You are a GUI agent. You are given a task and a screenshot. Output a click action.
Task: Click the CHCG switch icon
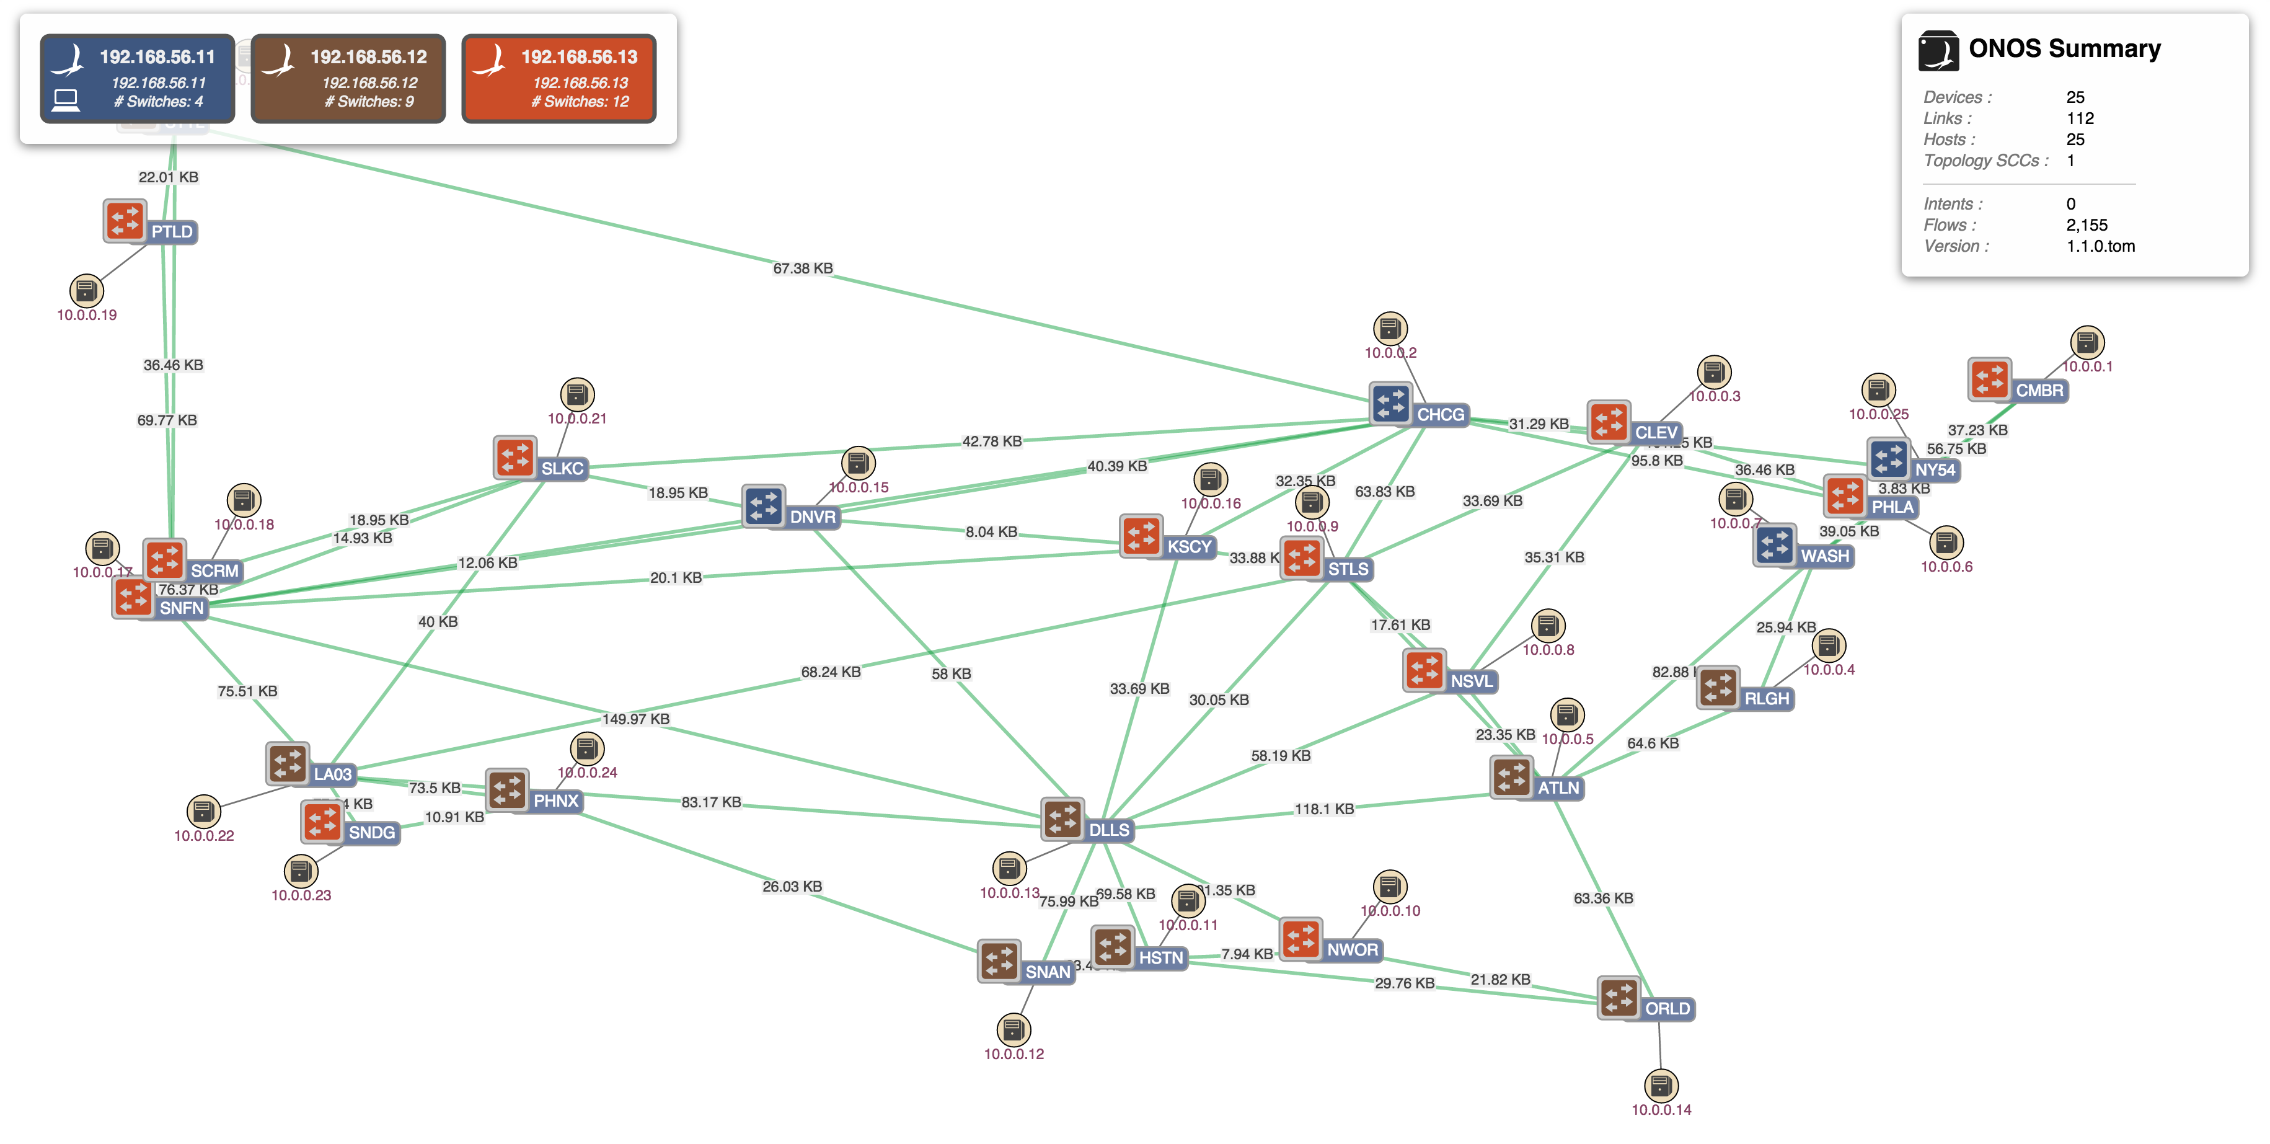coord(1390,404)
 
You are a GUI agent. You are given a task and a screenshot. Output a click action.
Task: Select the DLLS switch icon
coord(1062,818)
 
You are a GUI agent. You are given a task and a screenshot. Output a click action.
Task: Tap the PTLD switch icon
coord(124,220)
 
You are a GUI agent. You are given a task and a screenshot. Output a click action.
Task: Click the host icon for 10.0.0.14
coord(1661,1085)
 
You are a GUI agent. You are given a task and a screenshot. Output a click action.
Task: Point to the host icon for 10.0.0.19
coord(86,290)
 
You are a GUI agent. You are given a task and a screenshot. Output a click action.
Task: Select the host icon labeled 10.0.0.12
coord(1014,1029)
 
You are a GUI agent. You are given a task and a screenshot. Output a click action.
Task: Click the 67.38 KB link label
coord(802,268)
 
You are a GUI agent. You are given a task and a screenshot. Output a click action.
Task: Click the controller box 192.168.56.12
coord(348,79)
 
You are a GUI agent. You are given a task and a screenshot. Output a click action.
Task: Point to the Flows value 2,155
coord(2087,224)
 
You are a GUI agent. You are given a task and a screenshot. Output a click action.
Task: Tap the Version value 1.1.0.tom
coord(2100,246)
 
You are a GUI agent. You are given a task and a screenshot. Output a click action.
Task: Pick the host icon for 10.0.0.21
coord(577,394)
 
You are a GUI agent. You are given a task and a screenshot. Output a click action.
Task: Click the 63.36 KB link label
coord(1603,898)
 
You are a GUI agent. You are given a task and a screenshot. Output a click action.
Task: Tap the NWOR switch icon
coord(1301,939)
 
